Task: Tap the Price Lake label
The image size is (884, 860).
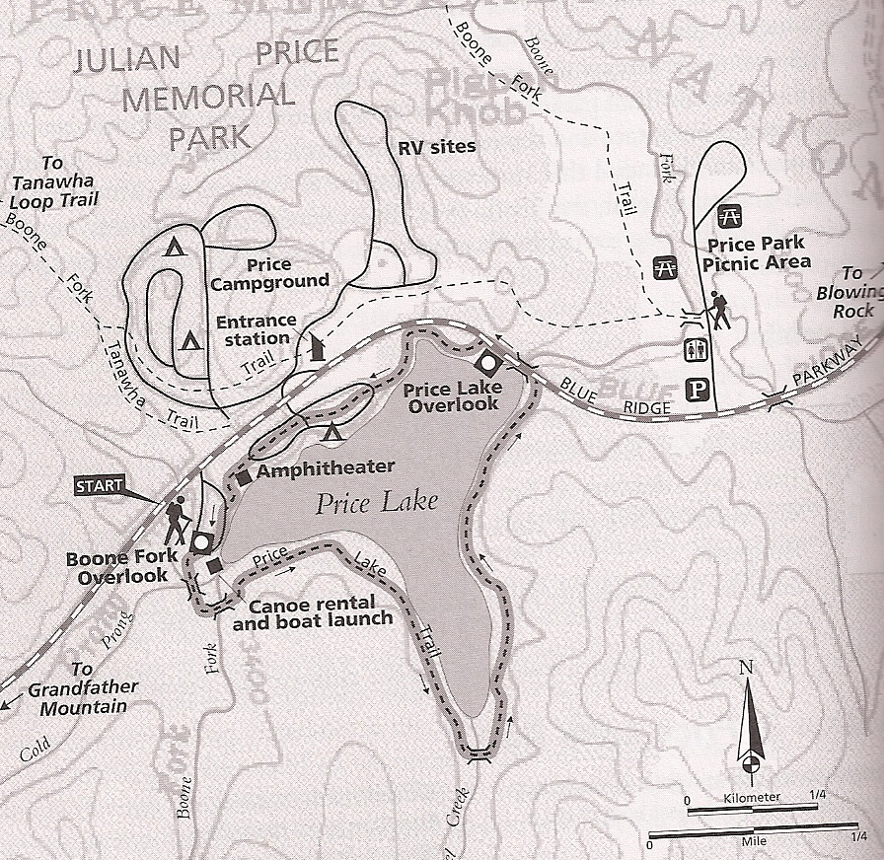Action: (377, 504)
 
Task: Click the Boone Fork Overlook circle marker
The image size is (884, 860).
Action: (202, 541)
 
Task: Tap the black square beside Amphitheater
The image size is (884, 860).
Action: (244, 478)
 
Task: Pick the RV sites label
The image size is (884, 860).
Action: (436, 147)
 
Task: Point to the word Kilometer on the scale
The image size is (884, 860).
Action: (752, 796)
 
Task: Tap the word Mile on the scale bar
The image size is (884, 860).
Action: (752, 844)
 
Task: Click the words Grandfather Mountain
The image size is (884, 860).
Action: (83, 697)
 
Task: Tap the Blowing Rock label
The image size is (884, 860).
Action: (850, 301)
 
